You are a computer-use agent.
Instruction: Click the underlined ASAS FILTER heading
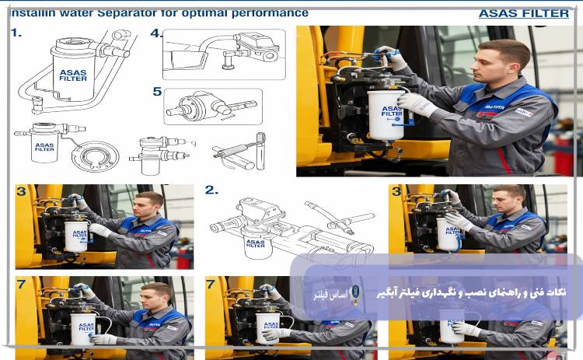[x=523, y=13]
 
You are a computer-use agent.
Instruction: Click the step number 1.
[x=16, y=33]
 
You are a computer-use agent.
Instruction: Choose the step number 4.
[x=156, y=33]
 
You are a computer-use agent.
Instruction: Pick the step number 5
[x=157, y=92]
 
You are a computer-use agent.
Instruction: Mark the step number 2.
[x=211, y=190]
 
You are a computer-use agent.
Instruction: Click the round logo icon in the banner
[x=356, y=292]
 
